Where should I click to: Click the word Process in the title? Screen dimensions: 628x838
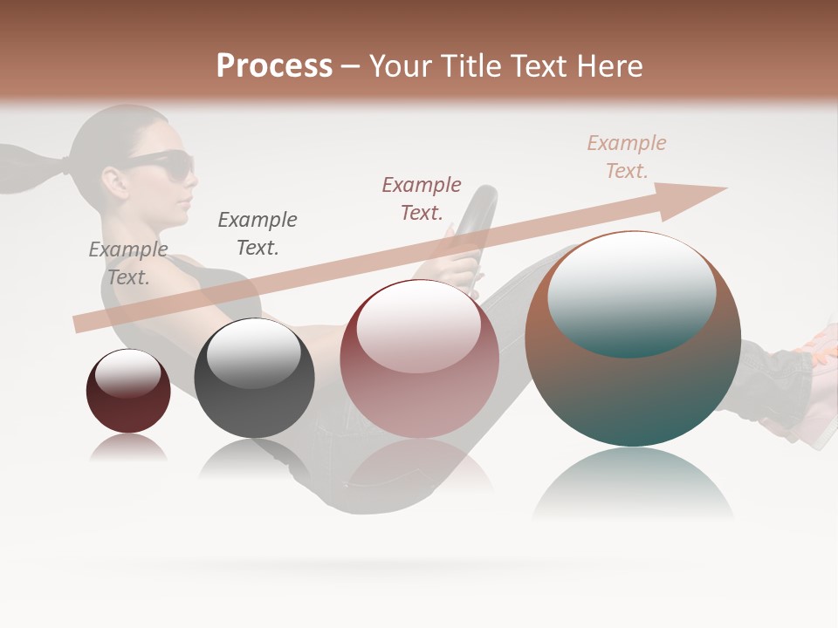pyautogui.click(x=274, y=66)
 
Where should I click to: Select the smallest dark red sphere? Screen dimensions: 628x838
pyautogui.click(x=128, y=391)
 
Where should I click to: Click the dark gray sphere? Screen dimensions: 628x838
pyautogui.click(x=254, y=378)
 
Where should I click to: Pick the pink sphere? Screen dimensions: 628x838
pyautogui.click(x=419, y=358)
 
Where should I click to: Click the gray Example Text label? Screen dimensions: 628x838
pyautogui.click(x=128, y=263)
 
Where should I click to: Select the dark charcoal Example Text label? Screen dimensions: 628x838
pyautogui.click(x=258, y=233)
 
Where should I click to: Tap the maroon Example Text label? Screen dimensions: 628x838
pyautogui.click(x=422, y=198)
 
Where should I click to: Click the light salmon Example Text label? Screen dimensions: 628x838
pyautogui.click(x=627, y=156)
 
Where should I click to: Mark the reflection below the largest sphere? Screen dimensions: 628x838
pyautogui.click(x=633, y=484)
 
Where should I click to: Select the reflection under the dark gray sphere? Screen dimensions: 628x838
pyautogui.click(x=253, y=458)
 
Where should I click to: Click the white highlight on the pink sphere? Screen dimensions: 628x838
pyautogui.click(x=419, y=326)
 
